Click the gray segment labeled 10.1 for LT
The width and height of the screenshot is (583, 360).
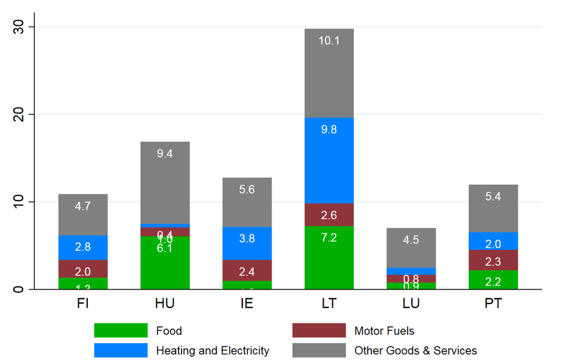329,73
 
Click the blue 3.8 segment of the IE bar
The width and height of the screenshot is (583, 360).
247,243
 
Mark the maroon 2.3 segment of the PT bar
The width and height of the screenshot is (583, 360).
493,260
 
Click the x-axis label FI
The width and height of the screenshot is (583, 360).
83,303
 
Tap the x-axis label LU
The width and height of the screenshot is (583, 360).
411,303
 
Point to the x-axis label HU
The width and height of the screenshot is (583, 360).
165,303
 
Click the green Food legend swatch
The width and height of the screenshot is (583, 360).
120,330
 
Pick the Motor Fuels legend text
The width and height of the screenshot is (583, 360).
384,331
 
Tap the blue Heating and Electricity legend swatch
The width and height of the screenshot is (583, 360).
120,350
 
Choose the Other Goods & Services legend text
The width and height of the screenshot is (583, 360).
416,351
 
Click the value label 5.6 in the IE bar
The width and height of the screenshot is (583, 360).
247,190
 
